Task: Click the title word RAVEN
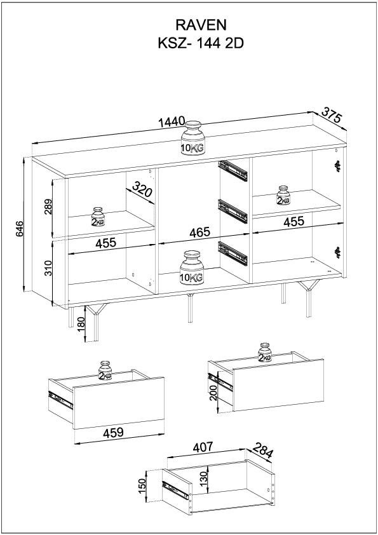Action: tap(201, 25)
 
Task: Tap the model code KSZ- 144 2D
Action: tap(201, 44)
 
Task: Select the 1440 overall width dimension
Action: tap(172, 121)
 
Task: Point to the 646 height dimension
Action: tap(20, 229)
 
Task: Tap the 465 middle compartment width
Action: tap(200, 232)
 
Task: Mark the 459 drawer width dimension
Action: tap(113, 432)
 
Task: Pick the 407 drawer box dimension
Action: tap(203, 447)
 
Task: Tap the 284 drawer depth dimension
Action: tap(263, 450)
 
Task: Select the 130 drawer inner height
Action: tap(203, 479)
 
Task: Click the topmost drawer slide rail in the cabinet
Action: tap(233, 170)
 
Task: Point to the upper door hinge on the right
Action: tap(338, 166)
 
